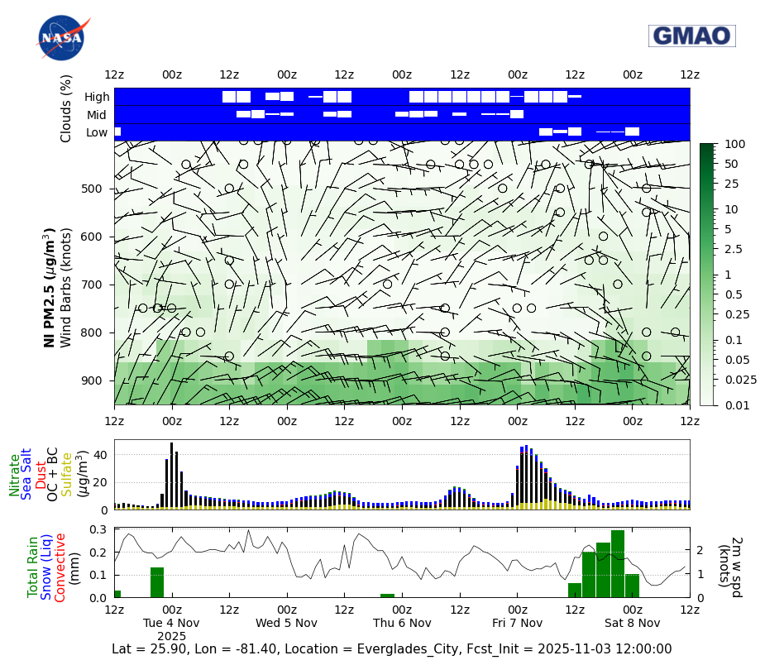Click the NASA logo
coord(60,38)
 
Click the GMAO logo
coord(691,36)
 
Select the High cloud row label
coord(97,97)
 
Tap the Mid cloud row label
coord(97,115)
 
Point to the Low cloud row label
coord(97,132)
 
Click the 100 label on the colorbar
coord(734,144)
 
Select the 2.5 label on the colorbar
coord(733,249)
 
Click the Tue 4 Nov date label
coord(171,623)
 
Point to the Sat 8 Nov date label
coord(632,623)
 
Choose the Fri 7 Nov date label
coord(517,623)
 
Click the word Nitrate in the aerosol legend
coord(15,475)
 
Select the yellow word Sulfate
coord(67,474)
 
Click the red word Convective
coord(60,567)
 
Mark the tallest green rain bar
coord(618,564)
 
